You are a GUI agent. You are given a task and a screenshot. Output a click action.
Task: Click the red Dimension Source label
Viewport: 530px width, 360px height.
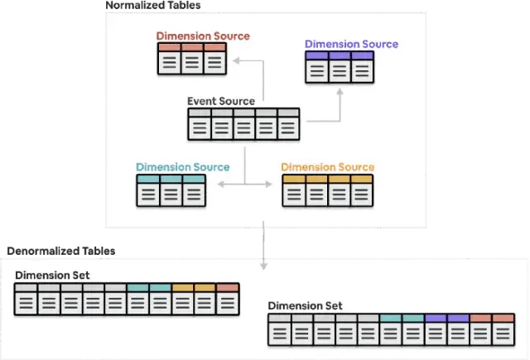tap(203, 36)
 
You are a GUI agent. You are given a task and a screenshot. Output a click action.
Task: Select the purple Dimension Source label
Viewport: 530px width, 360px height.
tap(351, 44)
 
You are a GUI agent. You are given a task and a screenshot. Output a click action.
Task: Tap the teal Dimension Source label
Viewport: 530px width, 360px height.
tap(182, 167)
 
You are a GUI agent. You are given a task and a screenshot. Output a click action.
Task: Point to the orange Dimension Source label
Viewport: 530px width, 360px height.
tap(327, 167)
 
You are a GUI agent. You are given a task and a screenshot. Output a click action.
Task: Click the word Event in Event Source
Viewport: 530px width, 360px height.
tap(201, 102)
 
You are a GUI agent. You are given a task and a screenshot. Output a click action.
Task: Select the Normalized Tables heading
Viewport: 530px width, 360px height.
tap(153, 5)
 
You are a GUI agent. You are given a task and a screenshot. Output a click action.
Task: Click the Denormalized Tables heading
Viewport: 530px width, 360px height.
tap(60, 250)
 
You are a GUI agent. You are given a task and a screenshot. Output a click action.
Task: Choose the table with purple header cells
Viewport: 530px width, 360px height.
tap(340, 66)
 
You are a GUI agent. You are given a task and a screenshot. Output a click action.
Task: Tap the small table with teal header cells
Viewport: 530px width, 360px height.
tap(171, 190)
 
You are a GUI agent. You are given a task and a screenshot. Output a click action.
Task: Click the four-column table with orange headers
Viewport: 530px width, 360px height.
tap(328, 190)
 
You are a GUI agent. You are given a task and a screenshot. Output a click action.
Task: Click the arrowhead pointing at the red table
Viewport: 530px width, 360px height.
tap(235, 60)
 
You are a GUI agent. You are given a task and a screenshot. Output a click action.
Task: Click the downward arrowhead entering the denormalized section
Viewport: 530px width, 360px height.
tap(263, 265)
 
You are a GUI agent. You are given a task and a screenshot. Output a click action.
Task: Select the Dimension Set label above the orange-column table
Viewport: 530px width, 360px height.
tap(51, 275)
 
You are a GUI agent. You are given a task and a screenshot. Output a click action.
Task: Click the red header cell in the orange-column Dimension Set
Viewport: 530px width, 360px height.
tap(228, 288)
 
